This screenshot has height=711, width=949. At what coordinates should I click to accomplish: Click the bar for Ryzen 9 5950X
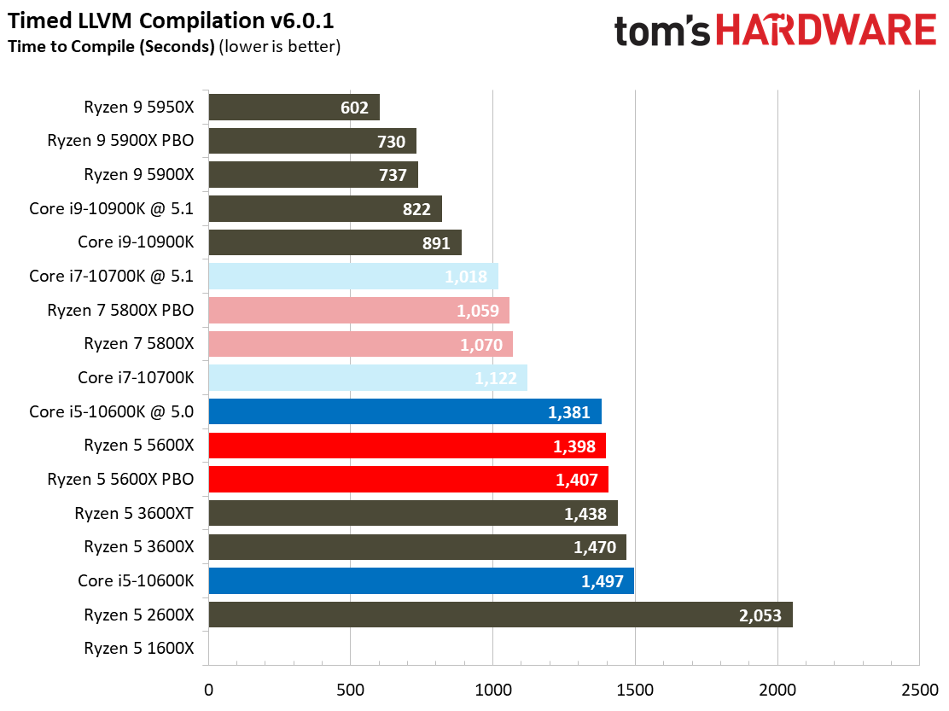(294, 108)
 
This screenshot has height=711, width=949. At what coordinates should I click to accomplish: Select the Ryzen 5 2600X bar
(500, 615)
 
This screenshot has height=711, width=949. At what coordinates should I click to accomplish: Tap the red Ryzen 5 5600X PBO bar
(408, 480)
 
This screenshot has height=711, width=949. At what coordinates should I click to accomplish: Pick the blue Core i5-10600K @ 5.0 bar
(405, 411)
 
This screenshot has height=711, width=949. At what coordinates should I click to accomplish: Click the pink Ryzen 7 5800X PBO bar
(358, 311)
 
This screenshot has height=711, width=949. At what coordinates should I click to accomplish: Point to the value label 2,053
(760, 615)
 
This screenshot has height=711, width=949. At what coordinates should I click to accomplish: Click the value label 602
(354, 108)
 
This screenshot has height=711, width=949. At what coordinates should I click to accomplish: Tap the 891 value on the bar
(436, 243)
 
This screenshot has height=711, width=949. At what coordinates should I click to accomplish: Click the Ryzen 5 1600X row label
(139, 649)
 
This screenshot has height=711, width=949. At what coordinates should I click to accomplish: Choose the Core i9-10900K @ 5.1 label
(111, 208)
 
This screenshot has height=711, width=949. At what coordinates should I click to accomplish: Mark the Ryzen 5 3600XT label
(134, 514)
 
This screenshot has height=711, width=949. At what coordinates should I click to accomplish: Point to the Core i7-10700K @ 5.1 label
(111, 277)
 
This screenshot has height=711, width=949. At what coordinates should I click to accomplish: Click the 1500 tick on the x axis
(635, 689)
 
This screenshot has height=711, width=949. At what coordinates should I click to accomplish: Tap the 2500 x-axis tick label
(919, 689)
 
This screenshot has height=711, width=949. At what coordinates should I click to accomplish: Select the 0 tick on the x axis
(208, 689)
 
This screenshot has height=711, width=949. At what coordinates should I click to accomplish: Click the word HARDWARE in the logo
(825, 32)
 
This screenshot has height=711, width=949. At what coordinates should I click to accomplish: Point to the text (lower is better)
(280, 46)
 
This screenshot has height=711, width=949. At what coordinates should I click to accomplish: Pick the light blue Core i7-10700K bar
(367, 378)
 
